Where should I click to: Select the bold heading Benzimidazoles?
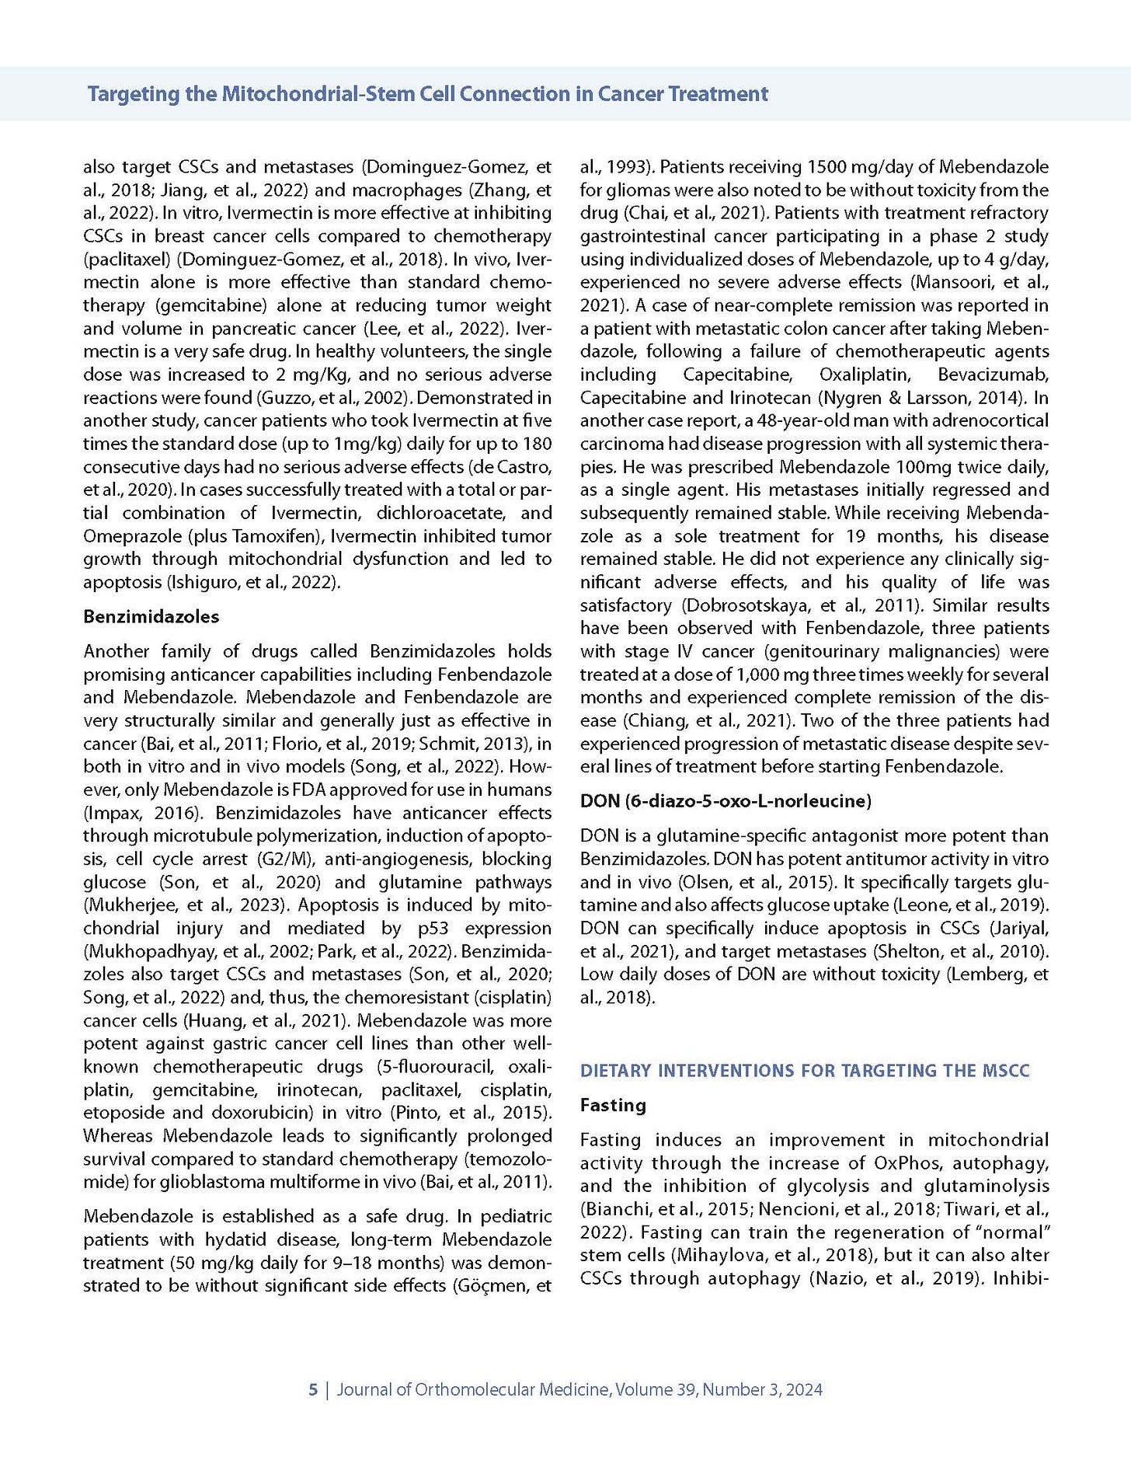tap(151, 616)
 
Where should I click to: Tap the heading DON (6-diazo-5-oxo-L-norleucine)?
tap(726, 800)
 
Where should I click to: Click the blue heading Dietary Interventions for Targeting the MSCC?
tap(804, 1070)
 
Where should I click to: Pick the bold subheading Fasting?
tap(613, 1105)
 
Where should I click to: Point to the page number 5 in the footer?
tap(313, 1389)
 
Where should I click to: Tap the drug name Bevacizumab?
tap(993, 375)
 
